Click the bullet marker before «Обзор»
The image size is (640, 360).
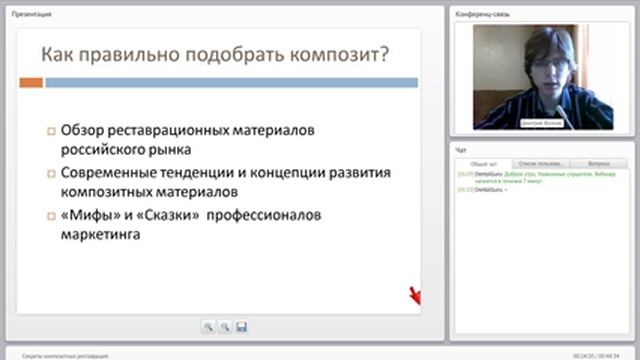coord(51,131)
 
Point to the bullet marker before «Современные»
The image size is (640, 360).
coord(51,173)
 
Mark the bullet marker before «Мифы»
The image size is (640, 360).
coord(51,216)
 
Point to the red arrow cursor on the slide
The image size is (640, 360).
coord(415,296)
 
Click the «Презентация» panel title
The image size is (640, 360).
coord(34,14)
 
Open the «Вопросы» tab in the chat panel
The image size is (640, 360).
coord(600,162)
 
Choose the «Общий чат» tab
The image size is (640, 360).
coord(485,162)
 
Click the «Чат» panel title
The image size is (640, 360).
coord(461,149)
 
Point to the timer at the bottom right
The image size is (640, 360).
coord(603,355)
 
